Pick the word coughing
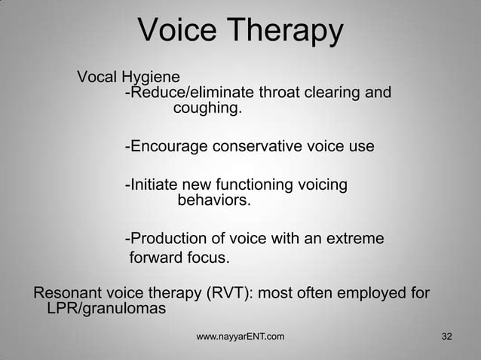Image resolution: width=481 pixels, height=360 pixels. pyautogui.click(x=208, y=110)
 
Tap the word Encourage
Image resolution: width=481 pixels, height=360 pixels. pyautogui.click(x=167, y=146)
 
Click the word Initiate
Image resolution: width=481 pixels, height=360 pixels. pyautogui.click(x=153, y=185)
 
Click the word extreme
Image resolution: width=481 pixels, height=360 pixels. pyautogui.click(x=354, y=239)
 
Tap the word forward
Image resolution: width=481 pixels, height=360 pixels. pyautogui.click(x=158, y=259)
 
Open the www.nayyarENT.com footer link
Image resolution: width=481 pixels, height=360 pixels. pyautogui.click(x=240, y=336)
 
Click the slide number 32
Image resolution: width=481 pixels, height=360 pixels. pyautogui.click(x=446, y=336)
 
